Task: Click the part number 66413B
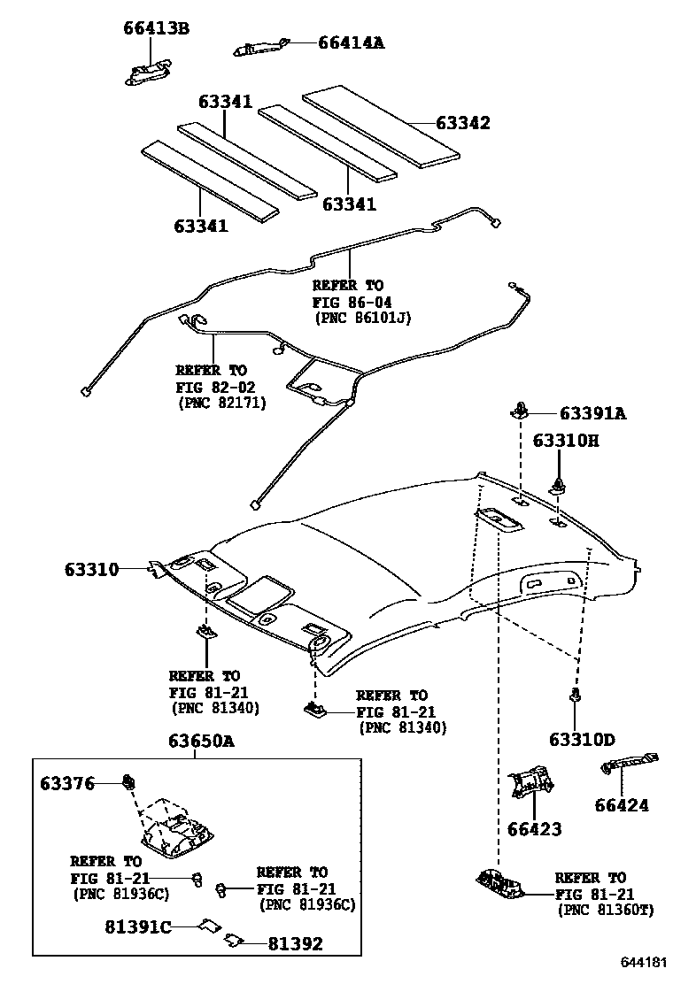156,28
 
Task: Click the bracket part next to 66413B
147,73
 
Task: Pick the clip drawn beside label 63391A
520,410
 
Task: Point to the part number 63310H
565,440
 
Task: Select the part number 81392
295,943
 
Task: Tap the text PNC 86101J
363,317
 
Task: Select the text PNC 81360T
604,910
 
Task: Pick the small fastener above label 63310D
576,695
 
